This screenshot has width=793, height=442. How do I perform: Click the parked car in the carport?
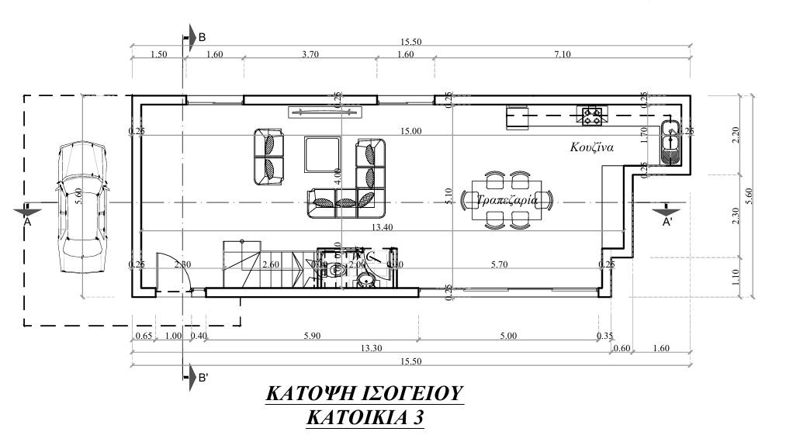pos(81,207)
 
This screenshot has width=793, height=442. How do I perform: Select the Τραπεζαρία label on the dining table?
pos(507,200)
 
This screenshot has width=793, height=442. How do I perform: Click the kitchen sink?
pos(670,143)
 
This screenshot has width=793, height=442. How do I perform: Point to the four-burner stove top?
pos(593,116)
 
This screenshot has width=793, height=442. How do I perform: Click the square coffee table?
pos(322,154)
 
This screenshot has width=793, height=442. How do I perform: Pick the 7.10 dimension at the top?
pos(562,54)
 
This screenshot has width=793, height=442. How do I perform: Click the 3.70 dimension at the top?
pos(310,54)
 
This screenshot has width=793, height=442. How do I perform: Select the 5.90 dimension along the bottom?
pos(311,336)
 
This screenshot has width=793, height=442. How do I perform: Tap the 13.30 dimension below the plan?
pos(371,348)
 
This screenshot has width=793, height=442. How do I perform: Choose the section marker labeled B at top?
pos(201,36)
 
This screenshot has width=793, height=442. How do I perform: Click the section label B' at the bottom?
pos(202,378)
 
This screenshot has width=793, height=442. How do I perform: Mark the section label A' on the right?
pos(667,223)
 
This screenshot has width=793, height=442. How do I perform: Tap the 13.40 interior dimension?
pos(381,227)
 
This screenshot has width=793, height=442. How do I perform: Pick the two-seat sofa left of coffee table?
pos(268,157)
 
